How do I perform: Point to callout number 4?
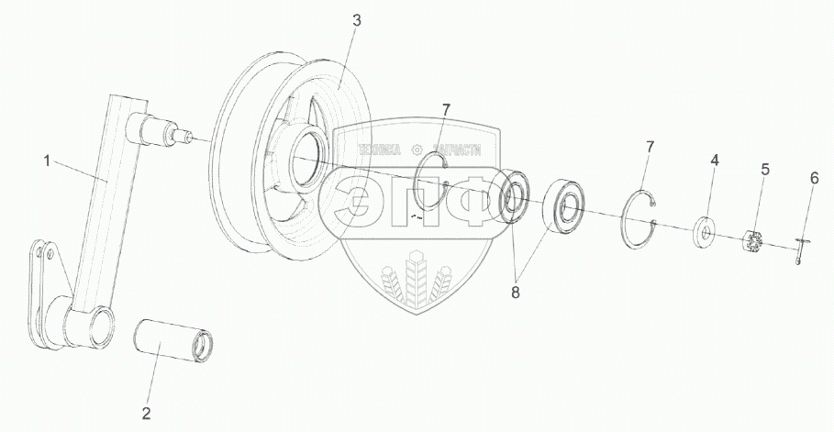click(714, 161)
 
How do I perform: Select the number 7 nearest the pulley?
click(445, 110)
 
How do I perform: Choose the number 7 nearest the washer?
click(650, 146)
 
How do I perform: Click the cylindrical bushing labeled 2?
click(172, 337)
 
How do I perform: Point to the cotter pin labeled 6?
click(801, 249)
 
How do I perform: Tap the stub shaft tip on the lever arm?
click(188, 138)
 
